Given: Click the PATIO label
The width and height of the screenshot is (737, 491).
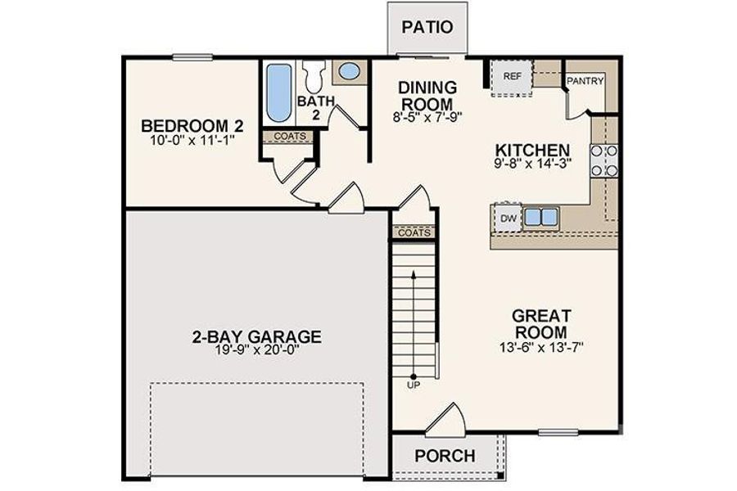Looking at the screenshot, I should point(427,26).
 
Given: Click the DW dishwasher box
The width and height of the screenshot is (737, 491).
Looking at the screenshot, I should point(507,218).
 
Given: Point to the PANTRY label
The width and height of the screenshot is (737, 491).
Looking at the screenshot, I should point(585,80).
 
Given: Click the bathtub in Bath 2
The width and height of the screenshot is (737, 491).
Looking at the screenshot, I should point(277,93).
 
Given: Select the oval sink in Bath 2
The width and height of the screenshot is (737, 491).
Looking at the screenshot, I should point(349,71).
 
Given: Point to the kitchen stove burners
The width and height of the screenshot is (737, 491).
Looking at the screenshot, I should point(609,160).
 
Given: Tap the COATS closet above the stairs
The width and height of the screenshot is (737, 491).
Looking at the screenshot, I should point(414,232).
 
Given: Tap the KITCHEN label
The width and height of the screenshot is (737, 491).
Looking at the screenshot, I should point(532,151).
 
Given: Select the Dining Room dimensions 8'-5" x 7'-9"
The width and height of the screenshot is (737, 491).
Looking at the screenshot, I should point(425,116).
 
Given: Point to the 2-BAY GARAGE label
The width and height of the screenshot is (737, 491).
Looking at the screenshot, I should point(256,336).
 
